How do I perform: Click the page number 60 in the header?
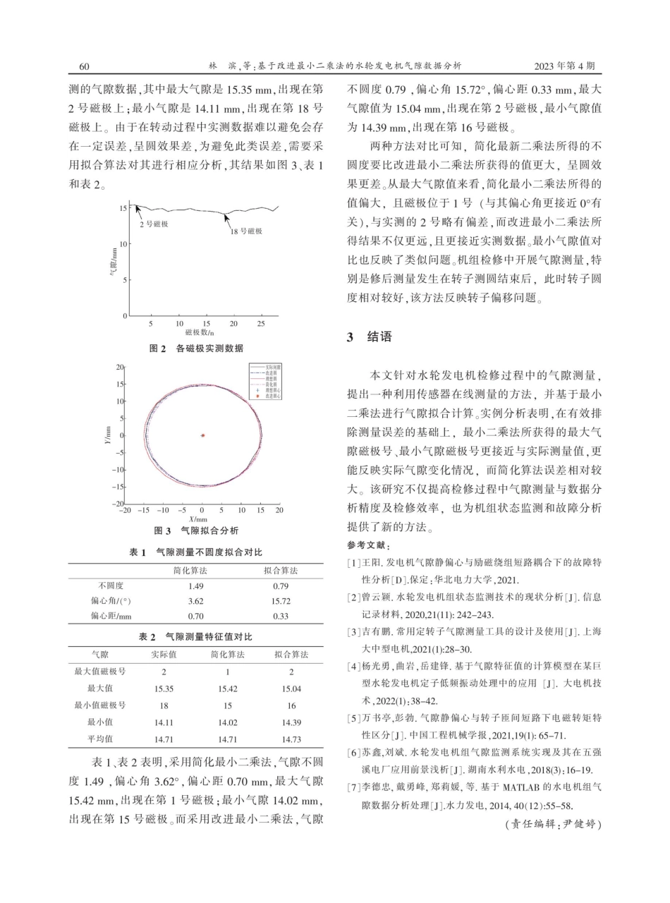tap(84, 66)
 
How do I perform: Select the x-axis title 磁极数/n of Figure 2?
tap(200, 332)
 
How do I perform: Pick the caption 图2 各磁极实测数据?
tap(197, 349)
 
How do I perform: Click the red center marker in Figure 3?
tap(203, 435)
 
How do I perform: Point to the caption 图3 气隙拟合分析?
tap(196, 531)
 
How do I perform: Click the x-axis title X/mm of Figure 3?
tap(197, 519)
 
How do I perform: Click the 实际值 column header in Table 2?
tap(164, 655)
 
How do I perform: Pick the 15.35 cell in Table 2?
tap(164, 688)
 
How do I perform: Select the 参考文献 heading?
tap(368, 545)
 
